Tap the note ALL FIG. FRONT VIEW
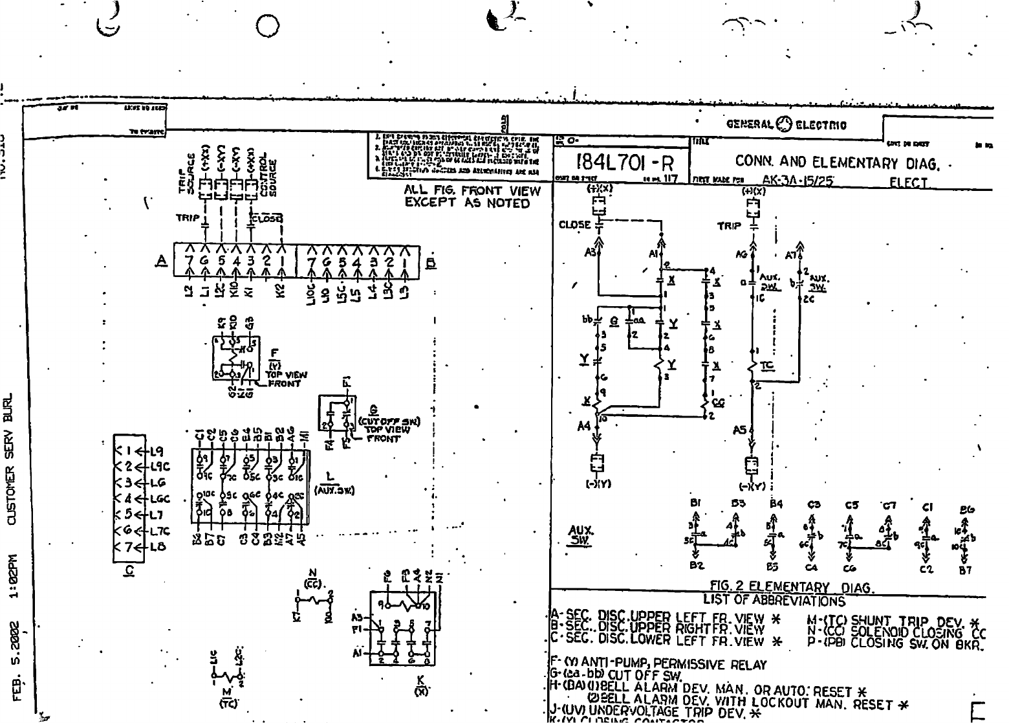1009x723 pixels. [x=472, y=191]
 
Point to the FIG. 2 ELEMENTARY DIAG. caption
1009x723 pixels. [x=792, y=588]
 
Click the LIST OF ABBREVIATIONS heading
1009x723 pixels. [x=774, y=600]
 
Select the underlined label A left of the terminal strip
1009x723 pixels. [x=162, y=261]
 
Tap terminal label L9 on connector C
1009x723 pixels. [x=157, y=451]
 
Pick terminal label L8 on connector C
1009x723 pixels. [x=157, y=546]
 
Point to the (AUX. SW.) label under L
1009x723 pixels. [x=334, y=490]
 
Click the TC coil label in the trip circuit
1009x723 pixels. [x=767, y=366]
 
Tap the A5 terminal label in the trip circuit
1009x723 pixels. [x=740, y=429]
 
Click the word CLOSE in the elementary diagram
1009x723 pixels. [x=574, y=225]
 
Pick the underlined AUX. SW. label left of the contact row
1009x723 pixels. [x=580, y=535]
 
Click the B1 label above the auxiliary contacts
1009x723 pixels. [x=696, y=502]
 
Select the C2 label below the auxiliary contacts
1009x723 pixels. [x=927, y=570]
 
